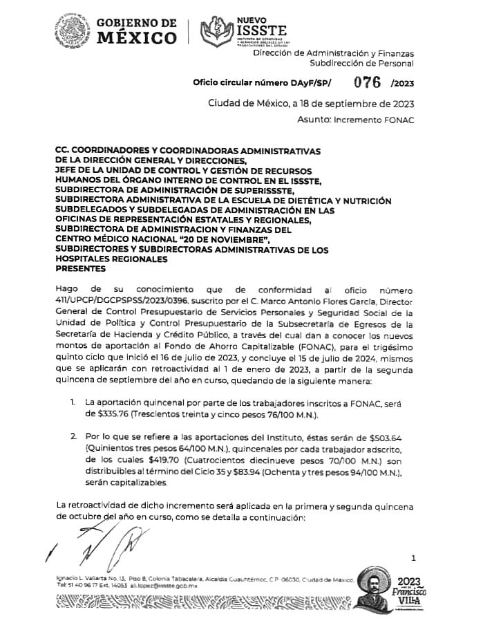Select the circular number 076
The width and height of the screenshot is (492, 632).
[x=368, y=82]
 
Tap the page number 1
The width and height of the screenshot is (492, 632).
[x=413, y=557]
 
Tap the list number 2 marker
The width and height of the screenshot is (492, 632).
[x=73, y=437]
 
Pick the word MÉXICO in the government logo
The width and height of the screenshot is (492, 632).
[x=136, y=39]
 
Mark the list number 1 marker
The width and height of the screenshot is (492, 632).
[x=73, y=402]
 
